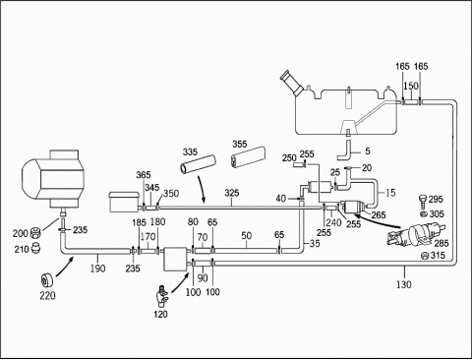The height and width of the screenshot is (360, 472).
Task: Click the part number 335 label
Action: tap(190, 151)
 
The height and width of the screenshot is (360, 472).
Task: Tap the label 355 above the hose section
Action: tap(240, 144)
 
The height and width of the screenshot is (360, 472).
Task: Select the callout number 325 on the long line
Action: tap(232, 193)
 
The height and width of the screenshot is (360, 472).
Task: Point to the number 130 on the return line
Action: tap(404, 284)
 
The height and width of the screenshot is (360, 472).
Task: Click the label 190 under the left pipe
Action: tap(98, 269)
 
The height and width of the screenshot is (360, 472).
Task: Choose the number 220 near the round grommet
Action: tap(47, 296)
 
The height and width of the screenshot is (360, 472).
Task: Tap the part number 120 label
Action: tap(160, 314)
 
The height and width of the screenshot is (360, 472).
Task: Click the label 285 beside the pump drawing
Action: tap(442, 243)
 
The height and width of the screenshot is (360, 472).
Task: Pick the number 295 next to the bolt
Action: tap(436, 199)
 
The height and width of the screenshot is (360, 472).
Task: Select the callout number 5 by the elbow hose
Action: tap(368, 150)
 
